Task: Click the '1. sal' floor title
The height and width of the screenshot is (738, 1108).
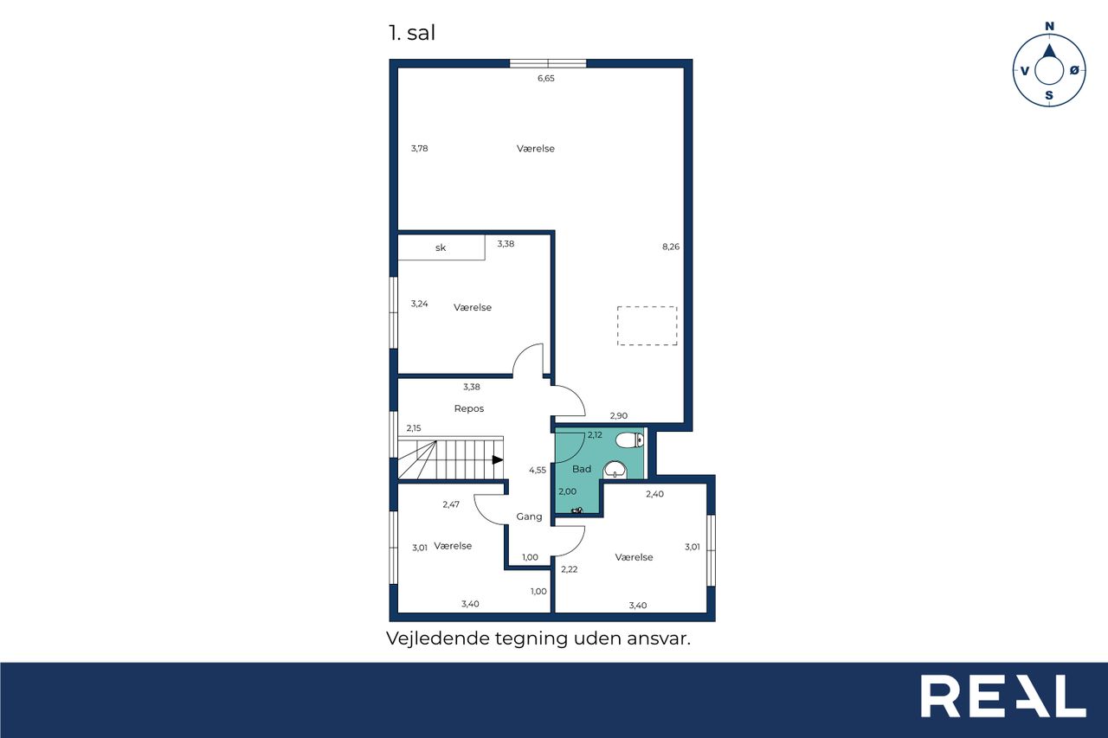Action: (x=412, y=33)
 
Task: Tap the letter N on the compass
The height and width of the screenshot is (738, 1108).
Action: (x=1049, y=26)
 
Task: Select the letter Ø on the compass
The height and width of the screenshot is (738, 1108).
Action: (x=1074, y=71)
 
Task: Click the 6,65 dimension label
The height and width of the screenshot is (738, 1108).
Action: (x=546, y=78)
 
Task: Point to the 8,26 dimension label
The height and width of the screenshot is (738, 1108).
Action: (x=671, y=247)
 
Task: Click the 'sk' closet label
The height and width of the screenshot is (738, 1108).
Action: (x=441, y=247)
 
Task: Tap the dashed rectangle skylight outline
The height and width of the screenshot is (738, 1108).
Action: (x=647, y=326)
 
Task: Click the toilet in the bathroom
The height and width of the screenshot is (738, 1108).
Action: (x=629, y=440)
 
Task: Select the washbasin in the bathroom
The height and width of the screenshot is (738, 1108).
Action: (x=615, y=470)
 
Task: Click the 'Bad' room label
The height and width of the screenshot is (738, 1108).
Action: (x=582, y=469)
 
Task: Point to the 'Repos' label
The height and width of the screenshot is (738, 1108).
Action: (x=469, y=408)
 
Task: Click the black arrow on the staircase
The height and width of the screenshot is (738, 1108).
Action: (x=498, y=459)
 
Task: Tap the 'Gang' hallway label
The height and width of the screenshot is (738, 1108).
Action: (x=529, y=517)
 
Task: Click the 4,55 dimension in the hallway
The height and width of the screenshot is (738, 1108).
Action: (x=538, y=470)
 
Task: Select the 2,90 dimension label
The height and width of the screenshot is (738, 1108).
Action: (x=619, y=416)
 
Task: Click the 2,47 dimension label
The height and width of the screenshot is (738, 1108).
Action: (x=451, y=504)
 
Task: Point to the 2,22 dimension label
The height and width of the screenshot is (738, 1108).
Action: (x=570, y=569)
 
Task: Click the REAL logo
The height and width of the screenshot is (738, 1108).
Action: (x=1003, y=696)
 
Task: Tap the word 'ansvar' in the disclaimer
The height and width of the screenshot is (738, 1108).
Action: (x=659, y=639)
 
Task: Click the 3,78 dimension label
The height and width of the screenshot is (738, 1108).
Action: (x=420, y=148)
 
